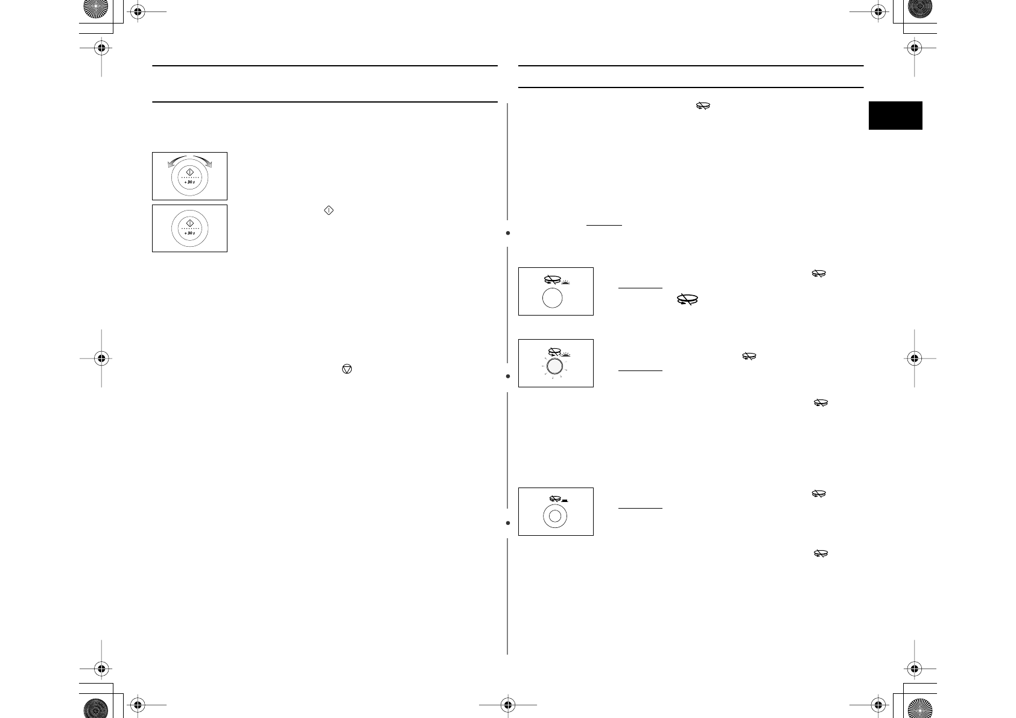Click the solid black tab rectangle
pos(895,115)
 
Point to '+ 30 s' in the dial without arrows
pos(190,233)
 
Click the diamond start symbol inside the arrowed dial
pos(190,173)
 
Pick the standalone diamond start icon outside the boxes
pos(329,211)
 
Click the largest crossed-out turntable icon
pos(687,299)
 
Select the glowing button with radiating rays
pos(555,366)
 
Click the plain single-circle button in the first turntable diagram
pos(553,299)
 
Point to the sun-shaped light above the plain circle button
pos(565,282)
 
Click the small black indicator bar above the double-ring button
pos(565,500)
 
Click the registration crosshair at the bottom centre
pos(508,704)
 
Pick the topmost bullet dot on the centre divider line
pos(508,232)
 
